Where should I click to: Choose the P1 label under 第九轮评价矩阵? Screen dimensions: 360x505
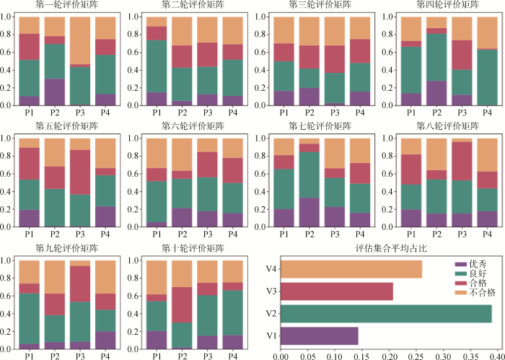[x=30, y=356]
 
